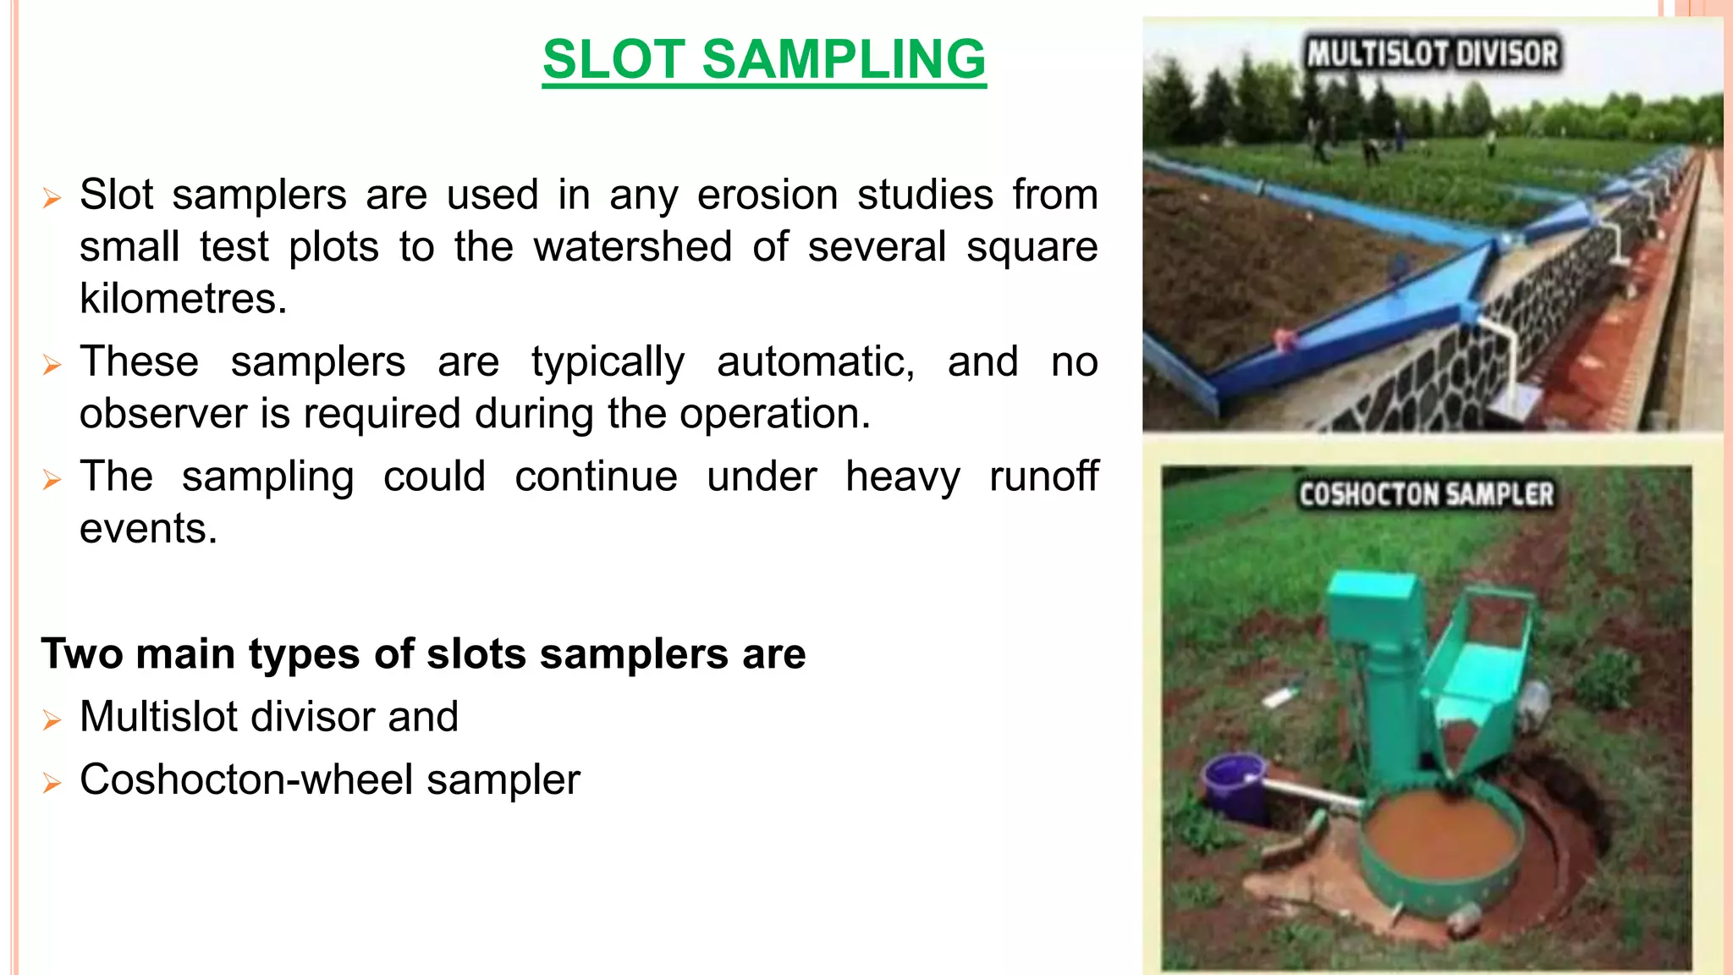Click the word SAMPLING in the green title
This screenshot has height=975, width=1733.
point(844,59)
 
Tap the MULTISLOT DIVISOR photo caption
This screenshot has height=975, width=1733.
point(1432,54)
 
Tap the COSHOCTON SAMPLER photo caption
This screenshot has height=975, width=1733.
point(1426,494)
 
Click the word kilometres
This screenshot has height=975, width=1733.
point(184,299)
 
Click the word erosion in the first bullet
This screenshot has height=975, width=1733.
point(767,195)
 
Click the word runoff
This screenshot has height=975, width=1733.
point(1043,476)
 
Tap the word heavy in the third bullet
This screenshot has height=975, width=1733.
point(902,476)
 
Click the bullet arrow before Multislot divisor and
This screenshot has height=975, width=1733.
point(52,720)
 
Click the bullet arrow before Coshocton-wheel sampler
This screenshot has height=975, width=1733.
point(52,783)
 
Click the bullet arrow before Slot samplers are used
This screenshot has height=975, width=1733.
point(52,199)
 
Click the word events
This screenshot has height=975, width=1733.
point(148,529)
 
